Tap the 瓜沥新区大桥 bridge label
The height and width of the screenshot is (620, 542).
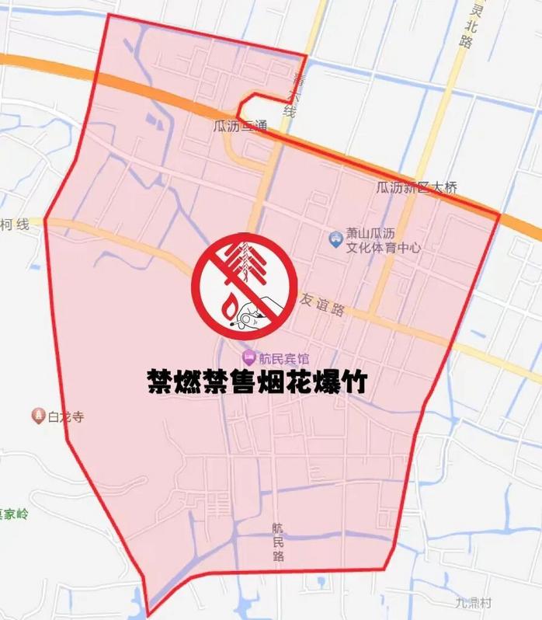(x=412, y=188)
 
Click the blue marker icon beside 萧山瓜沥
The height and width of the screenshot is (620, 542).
(x=335, y=239)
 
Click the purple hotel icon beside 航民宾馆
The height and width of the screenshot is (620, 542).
(x=248, y=358)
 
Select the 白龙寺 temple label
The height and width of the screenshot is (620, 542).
(x=65, y=416)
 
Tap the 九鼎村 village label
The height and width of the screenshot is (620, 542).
(x=473, y=602)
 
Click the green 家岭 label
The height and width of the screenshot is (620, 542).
(x=13, y=514)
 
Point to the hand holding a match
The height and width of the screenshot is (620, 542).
(x=259, y=313)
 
